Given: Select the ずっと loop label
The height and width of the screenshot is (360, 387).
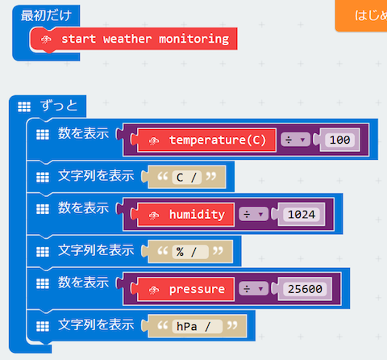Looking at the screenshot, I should click(x=61, y=106).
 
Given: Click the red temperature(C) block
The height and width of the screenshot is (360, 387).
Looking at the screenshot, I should click(x=216, y=140).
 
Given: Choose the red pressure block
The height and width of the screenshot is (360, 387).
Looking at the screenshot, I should click(x=194, y=288).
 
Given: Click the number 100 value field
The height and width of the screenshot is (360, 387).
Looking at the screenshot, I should click(x=339, y=140).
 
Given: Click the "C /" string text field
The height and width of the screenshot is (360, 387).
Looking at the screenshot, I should click(x=185, y=177).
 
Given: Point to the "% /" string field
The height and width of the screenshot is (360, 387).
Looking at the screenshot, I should click(x=191, y=251).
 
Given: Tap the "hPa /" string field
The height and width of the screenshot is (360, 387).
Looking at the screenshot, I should click(x=197, y=325).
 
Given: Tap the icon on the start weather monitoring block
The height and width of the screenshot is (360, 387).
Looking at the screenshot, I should click(x=45, y=40).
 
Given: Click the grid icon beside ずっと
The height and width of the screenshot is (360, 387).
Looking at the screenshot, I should click(x=24, y=107).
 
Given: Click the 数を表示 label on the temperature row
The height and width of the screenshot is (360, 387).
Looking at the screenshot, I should click(x=83, y=133).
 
